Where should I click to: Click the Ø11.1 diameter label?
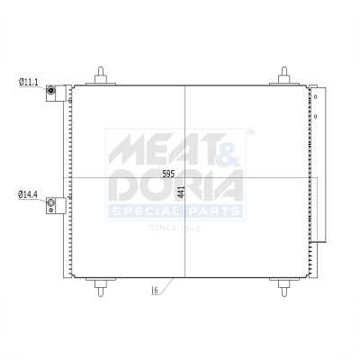pyautogui.click(x=28, y=82)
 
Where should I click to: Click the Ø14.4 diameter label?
pyautogui.click(x=28, y=194)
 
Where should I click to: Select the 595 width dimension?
pyautogui.click(x=168, y=175)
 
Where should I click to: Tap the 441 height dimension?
pyautogui.click(x=181, y=192)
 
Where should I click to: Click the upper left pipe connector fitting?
pyautogui.click(x=52, y=90)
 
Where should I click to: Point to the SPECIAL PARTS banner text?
pyautogui.click(x=175, y=212)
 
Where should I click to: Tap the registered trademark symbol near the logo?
pyautogui.click(x=250, y=133)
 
